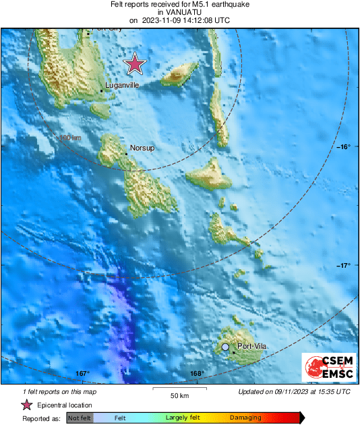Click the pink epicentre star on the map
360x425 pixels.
tap(136, 64)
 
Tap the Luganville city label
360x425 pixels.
tap(122, 86)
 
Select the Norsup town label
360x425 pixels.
tap(142, 147)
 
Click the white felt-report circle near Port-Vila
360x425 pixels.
tap(225, 347)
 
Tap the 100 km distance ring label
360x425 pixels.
tap(70, 138)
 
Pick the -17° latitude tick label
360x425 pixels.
tap(343, 265)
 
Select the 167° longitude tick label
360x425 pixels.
tap(82, 373)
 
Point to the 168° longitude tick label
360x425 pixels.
tap(197, 373)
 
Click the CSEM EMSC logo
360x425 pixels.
tap(326, 367)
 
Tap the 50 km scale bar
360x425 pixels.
tap(179, 391)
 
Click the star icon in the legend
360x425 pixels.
tap(27, 405)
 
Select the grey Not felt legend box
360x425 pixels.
tap(80, 418)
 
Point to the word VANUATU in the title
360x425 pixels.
tap(179, 12)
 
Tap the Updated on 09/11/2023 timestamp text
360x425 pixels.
tap(294, 391)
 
